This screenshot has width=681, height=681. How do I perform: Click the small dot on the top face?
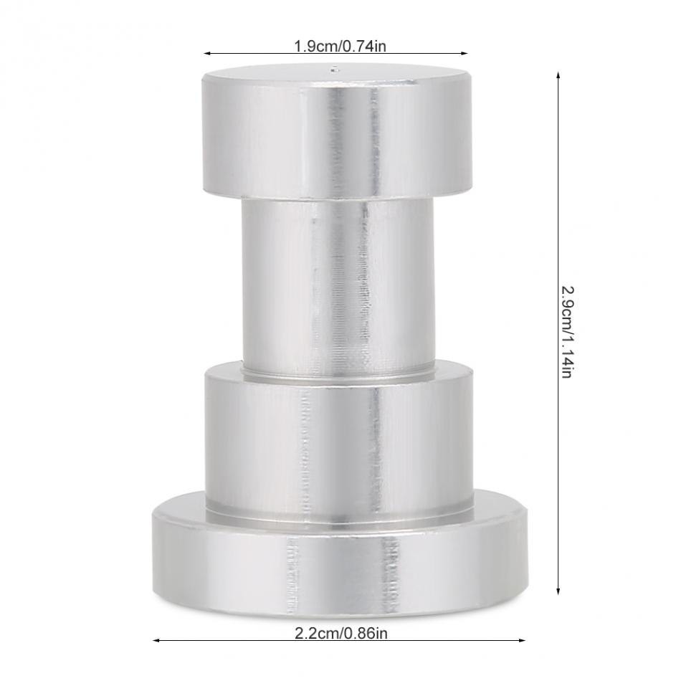pos(333,70)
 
